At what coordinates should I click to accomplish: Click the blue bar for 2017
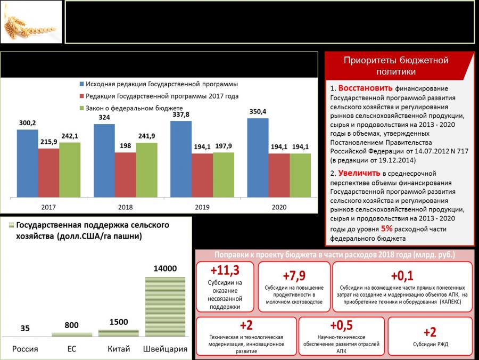(27, 162)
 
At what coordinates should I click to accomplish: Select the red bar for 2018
(125, 175)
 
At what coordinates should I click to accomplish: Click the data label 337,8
(181, 114)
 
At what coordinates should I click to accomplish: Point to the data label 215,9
(48, 142)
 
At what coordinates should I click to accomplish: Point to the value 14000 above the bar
(166, 269)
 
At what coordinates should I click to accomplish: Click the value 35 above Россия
(25, 329)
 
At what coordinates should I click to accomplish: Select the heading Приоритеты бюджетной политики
(397, 66)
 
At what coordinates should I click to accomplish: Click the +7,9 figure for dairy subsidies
(294, 275)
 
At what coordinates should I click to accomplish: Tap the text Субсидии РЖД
(431, 344)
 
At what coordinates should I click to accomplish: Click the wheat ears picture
(31, 22)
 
